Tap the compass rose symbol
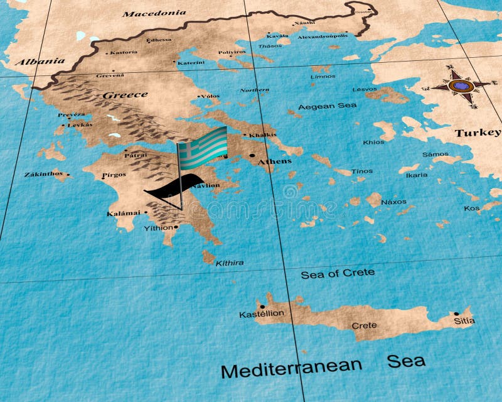coord(463,85)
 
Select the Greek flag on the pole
coord(203,147)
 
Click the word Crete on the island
coord(364,325)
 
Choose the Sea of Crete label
coord(338,274)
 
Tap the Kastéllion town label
coord(262,313)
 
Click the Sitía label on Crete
coord(465,321)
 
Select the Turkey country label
coord(478,133)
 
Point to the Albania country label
coord(40,62)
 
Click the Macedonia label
coord(154,13)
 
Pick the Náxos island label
coord(393,202)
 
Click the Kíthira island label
coord(230,263)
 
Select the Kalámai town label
coord(124,214)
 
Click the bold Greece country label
coord(125,95)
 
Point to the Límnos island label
coord(323,77)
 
